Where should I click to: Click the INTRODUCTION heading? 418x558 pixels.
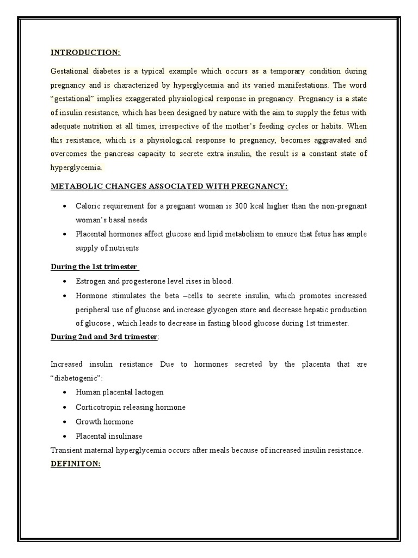[85, 53]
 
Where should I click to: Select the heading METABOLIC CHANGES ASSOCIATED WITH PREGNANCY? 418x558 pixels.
[169, 187]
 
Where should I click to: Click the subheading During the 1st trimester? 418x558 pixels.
[94, 266]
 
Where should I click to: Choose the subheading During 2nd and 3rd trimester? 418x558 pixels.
[103, 337]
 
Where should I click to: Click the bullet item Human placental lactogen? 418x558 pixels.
[119, 392]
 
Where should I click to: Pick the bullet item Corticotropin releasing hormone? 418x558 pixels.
[131, 407]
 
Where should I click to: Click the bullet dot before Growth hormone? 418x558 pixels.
[65, 422]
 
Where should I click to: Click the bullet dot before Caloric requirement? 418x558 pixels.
[65, 206]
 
